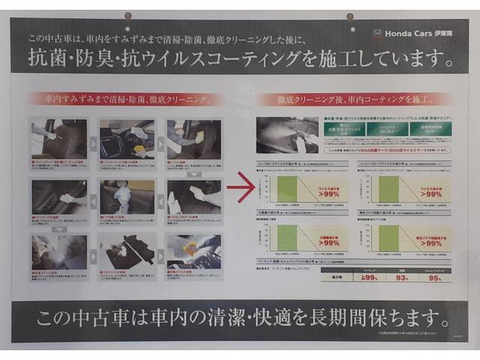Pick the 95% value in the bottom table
[435, 277]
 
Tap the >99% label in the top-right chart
[430, 193]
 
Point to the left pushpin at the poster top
[128, 15]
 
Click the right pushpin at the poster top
[349, 16]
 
